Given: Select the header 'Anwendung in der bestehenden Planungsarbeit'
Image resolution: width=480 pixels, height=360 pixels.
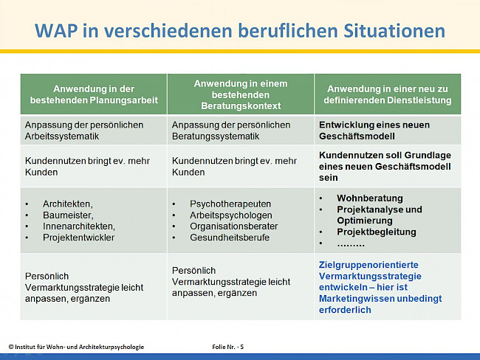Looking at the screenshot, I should click(93, 93).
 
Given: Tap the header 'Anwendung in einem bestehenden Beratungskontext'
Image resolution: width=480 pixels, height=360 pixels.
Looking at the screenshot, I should click(240, 93).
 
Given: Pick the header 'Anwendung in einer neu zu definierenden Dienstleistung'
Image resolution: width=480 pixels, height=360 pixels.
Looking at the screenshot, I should click(388, 94).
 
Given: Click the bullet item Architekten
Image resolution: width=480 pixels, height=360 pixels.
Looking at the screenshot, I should click(68, 204).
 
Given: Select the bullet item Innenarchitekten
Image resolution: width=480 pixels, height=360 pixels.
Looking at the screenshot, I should click(78, 226).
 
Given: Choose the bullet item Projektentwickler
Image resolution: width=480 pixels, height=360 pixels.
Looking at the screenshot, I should click(79, 238).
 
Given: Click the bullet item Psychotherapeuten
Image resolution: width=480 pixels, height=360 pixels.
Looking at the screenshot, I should click(230, 204).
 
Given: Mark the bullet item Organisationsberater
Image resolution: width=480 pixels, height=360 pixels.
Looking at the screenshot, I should click(234, 226).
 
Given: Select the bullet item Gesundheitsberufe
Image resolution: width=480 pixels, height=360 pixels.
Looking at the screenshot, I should click(230, 238).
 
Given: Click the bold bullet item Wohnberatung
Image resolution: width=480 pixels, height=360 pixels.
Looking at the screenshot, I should click(370, 198).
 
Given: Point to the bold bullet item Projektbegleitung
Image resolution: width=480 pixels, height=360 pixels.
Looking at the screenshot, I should click(377, 232).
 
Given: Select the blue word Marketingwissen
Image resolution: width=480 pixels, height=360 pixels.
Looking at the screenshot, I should click(359, 299).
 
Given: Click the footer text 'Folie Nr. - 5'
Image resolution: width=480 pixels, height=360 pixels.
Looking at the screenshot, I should click(222, 347).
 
